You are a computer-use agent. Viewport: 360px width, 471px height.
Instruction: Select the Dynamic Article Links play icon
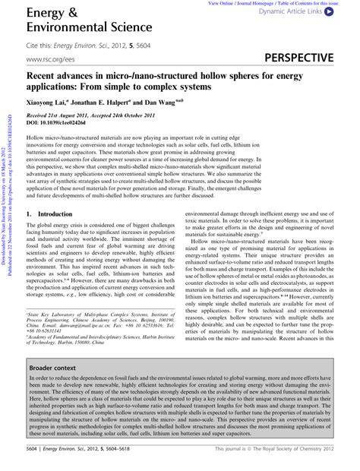point(327,13)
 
